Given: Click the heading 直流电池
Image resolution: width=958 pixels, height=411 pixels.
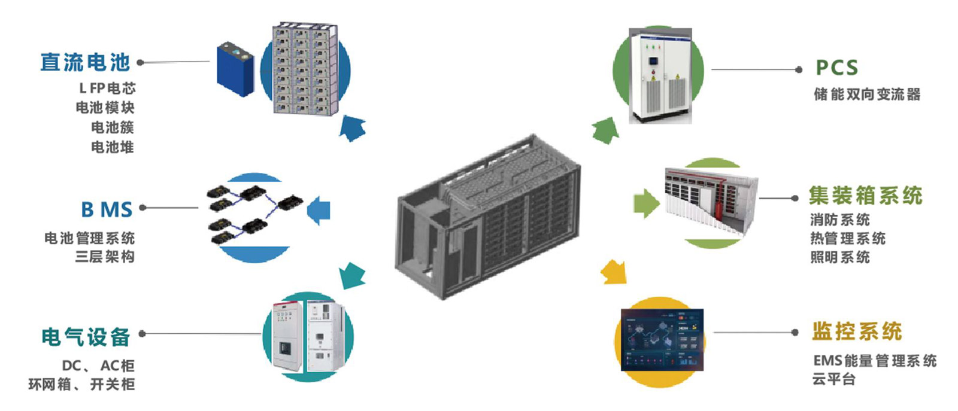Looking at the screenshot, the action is [84, 62].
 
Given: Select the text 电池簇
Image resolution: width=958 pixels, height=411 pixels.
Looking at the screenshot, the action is [113, 127].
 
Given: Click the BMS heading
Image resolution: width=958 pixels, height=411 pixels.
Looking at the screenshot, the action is [107, 209].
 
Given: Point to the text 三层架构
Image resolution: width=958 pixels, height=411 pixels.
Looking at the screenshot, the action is [105, 257].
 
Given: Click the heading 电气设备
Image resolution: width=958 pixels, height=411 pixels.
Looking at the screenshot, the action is [86, 337].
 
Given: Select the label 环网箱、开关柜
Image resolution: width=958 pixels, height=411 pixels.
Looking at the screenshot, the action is [81, 385].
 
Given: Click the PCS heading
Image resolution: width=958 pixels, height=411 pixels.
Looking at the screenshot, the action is [836, 68].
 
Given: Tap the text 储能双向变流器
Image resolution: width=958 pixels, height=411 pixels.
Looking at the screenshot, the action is [867, 95].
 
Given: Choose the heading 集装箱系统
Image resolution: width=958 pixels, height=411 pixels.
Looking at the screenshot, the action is [866, 196].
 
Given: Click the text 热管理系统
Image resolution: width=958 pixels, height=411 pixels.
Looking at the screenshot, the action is [848, 238].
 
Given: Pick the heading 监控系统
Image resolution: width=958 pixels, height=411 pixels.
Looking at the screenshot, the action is [857, 331].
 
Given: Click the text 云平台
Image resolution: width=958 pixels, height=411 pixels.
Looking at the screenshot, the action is [833, 379].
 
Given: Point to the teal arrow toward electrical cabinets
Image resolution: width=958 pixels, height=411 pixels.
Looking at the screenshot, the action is [352, 275].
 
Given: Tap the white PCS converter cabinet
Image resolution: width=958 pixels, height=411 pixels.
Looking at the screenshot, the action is [660, 76].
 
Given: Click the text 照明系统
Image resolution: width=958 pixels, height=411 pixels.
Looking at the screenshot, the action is [840, 257].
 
